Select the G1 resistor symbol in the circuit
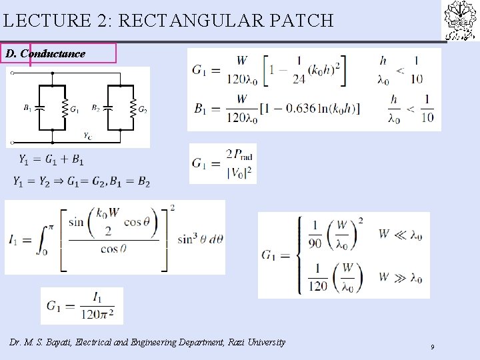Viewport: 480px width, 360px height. [x=65, y=109]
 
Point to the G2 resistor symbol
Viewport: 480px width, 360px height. [x=133, y=109]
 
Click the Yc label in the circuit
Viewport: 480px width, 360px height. [x=87, y=135]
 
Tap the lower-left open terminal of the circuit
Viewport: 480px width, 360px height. [x=11, y=143]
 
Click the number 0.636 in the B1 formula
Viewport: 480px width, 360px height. [x=304, y=107]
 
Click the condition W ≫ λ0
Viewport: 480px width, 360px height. [x=400, y=278]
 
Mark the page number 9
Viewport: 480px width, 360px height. [x=433, y=347]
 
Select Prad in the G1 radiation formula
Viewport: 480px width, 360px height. [x=241, y=155]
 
